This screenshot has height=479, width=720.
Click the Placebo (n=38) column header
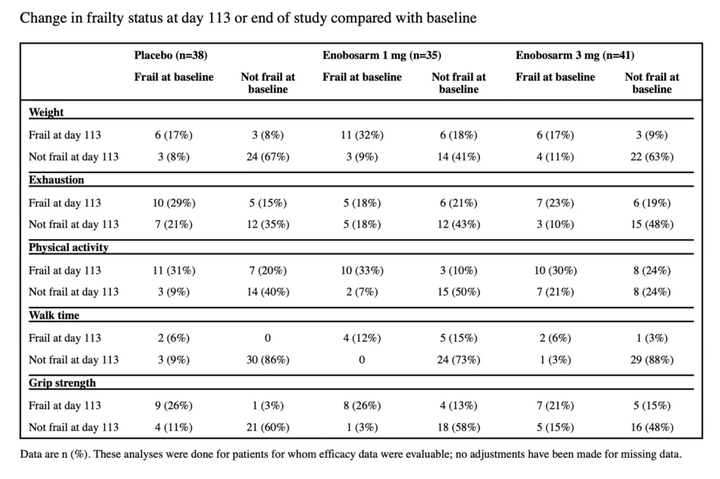click(x=171, y=55)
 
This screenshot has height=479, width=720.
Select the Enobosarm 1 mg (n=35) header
click(x=382, y=55)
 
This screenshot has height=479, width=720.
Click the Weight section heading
click(x=46, y=112)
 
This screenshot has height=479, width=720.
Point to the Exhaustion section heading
click(x=56, y=180)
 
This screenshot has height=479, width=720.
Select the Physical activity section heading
click(x=69, y=248)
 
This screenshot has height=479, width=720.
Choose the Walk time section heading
click(x=53, y=315)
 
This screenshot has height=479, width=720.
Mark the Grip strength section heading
click(x=63, y=383)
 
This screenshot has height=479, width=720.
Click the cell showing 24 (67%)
click(x=267, y=157)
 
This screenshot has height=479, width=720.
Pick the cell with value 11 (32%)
click(x=361, y=136)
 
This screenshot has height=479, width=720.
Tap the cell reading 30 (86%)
click(x=267, y=359)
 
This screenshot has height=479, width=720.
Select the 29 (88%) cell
click(x=652, y=359)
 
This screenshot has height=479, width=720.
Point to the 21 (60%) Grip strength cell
click(x=267, y=427)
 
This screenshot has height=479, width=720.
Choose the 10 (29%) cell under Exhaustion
click(x=174, y=203)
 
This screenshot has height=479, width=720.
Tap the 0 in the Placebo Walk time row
click(x=267, y=338)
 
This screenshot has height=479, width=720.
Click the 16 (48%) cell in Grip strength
click(x=652, y=427)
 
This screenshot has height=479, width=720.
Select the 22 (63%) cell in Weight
click(x=652, y=157)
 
